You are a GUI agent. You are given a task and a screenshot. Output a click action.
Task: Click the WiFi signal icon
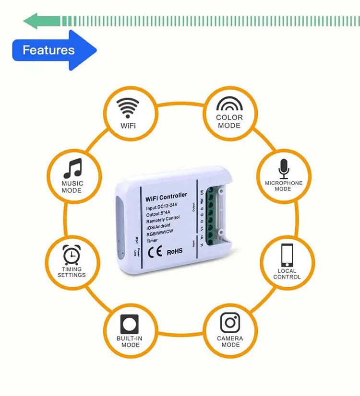[x=128, y=108]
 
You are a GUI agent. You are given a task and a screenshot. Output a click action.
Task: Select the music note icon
[x=72, y=168]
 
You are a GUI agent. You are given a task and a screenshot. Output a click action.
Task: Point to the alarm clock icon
[x=72, y=254]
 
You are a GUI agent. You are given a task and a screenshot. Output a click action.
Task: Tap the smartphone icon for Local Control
[x=287, y=255]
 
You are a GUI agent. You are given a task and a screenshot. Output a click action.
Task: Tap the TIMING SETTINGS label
[x=72, y=272]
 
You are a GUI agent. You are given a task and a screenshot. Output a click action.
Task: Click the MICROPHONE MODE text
[x=283, y=186]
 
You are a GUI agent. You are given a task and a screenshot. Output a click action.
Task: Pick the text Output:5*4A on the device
[x=159, y=214]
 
